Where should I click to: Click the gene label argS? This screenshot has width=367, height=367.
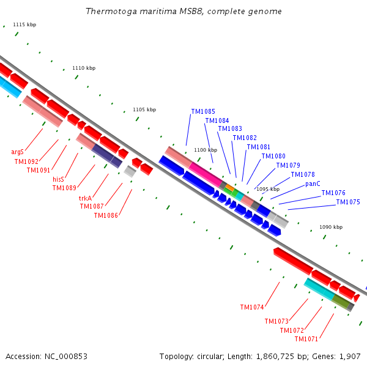point(18,152)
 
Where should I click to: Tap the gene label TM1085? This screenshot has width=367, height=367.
point(203,111)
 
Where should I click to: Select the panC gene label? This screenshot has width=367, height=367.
point(313,183)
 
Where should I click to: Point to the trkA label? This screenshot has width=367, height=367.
point(85,198)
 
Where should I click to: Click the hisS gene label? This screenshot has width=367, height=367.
point(58,179)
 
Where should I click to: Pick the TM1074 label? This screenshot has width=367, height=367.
point(252,307)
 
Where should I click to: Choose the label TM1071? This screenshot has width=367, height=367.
point(306,339)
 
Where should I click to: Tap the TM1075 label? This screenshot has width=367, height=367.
point(348,202)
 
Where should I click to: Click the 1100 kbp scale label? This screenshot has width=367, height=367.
point(206,150)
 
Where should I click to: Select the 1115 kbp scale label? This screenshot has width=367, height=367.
point(24,24)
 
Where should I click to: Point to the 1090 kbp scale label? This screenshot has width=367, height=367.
point(331,227)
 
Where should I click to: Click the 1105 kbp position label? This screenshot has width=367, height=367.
point(144,109)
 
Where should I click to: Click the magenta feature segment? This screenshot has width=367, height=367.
point(206,174)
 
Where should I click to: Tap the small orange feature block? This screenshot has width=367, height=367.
point(229,188)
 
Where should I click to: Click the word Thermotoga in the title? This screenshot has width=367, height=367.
point(111,11)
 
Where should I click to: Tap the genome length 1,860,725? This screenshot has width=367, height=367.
point(275,357)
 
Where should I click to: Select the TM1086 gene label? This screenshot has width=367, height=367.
point(106,215)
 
